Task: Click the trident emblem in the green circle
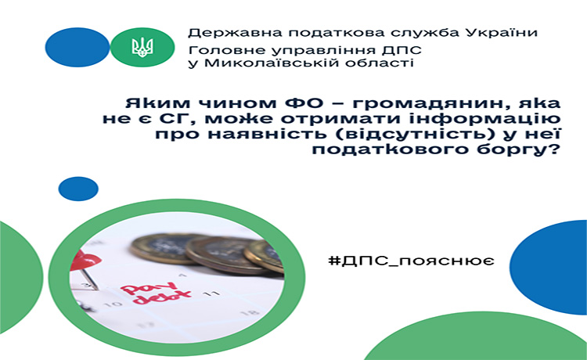tap(142, 47)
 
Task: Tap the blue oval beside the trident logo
tap(77, 47)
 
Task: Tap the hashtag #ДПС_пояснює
tap(411, 260)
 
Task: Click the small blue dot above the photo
tap(78, 189)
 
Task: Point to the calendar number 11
tap(211, 293)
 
